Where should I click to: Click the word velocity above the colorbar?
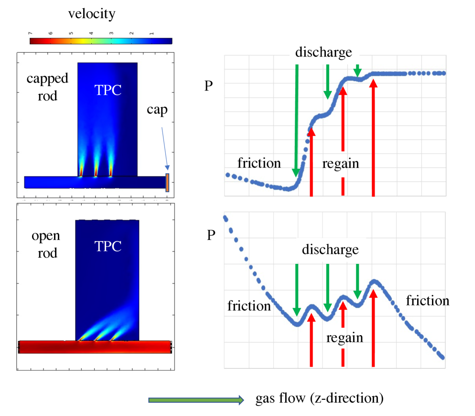click(x=91, y=14)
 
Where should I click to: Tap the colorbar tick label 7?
click(x=31, y=33)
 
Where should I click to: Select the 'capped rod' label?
click(x=41, y=87)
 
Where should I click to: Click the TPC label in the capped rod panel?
click(x=108, y=90)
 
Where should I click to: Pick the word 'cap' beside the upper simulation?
click(x=158, y=110)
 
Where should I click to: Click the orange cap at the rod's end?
click(x=167, y=183)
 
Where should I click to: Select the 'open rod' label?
click(x=45, y=244)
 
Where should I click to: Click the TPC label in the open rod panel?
click(x=108, y=246)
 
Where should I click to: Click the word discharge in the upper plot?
click(x=324, y=52)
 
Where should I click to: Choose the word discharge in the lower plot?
click(x=330, y=250)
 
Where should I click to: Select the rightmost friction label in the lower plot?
click(x=427, y=301)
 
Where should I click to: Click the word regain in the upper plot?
click(x=340, y=164)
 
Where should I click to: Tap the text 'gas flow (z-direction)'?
click(x=319, y=398)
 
